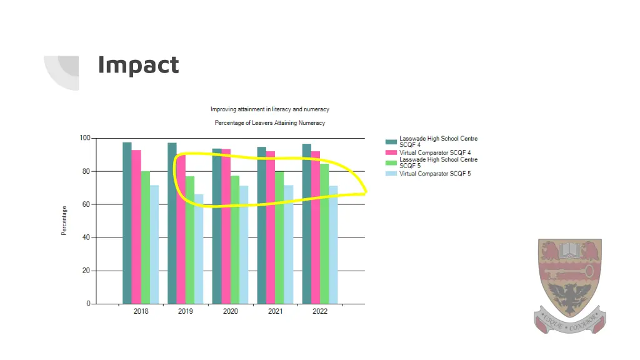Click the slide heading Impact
[138, 65]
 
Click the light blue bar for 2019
[199, 250]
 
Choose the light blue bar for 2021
[289, 244]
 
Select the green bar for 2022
[324, 234]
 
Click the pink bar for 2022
[316, 227]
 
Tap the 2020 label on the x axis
[231, 311]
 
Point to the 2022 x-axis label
[320, 311]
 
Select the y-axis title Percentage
[64, 221]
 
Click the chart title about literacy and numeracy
[269, 109]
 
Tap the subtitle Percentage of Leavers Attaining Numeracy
[269, 123]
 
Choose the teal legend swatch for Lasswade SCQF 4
[391, 142]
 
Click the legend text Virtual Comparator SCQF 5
[435, 174]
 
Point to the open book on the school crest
[569, 250]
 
